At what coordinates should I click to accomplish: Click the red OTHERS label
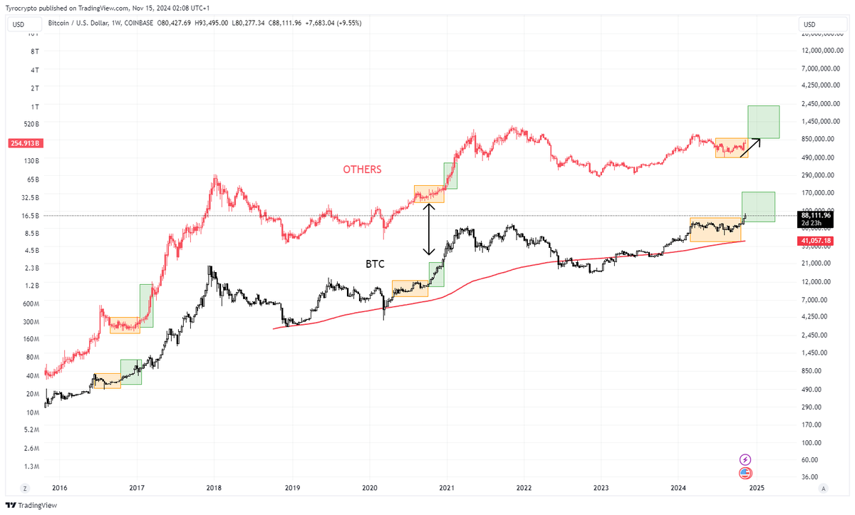coord(362,170)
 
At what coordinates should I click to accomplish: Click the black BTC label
coord(375,264)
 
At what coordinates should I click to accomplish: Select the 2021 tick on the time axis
coord(446,488)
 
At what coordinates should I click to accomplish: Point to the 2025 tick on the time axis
coord(757,488)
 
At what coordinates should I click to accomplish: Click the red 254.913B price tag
coord(24,142)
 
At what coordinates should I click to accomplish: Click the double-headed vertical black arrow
coord(429,229)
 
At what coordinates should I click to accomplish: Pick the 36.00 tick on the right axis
coord(809,477)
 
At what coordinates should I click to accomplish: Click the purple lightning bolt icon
coord(746,459)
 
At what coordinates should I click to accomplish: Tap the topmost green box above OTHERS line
coord(763,122)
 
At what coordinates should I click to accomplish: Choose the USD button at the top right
coord(809,24)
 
